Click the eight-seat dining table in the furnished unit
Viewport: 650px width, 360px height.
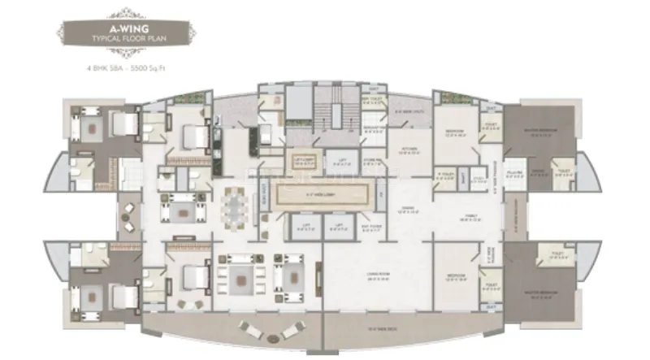234,206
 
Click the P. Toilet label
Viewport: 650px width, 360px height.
445,175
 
